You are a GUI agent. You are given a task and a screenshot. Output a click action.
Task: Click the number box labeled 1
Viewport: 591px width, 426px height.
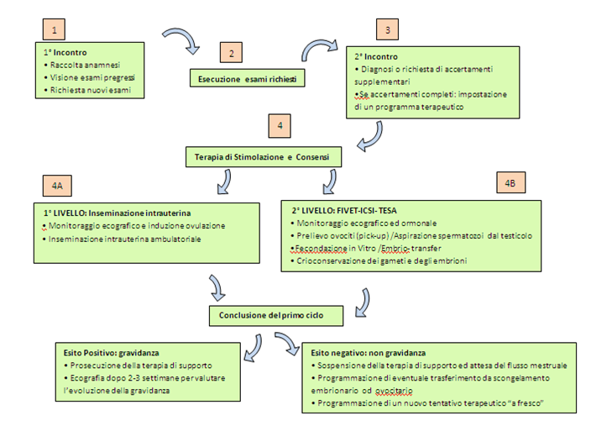coord(54,29)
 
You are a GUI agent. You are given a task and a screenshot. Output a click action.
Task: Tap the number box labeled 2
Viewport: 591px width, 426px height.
coord(231,52)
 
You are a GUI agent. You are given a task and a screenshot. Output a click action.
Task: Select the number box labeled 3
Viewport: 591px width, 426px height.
coord(387,29)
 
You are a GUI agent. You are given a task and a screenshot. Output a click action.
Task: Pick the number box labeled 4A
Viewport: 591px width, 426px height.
coord(57,186)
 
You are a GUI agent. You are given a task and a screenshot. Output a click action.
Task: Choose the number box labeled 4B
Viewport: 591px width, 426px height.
coord(510,182)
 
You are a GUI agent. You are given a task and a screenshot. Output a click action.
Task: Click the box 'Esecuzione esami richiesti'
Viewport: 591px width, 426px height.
coord(248,78)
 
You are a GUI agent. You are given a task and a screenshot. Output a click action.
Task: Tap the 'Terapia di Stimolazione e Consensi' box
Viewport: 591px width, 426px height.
coord(264,157)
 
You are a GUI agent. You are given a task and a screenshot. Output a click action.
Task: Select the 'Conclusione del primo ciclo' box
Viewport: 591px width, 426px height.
coord(276,316)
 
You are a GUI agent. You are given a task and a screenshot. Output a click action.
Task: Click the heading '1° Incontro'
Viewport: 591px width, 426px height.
coord(65,52)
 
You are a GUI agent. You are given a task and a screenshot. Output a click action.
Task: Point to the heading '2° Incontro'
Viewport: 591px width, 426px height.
coord(376,56)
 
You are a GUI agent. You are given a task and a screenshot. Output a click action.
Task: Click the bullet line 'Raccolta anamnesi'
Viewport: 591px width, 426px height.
coord(85,65)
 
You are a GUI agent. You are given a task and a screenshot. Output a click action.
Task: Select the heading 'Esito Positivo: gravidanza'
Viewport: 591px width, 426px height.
coord(111,353)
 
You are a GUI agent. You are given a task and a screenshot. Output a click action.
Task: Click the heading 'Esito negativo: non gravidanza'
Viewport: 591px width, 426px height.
coord(369,353)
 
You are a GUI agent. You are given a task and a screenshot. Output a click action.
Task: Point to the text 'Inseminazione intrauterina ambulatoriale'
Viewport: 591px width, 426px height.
coord(124,239)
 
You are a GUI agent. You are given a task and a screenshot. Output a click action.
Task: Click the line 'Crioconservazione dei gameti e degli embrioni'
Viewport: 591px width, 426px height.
coord(381,260)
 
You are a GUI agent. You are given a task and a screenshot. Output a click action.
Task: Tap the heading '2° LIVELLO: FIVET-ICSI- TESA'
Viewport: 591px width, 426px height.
coord(344,211)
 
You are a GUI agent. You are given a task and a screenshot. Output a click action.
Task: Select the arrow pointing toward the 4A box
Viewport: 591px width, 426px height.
coord(226,181)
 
